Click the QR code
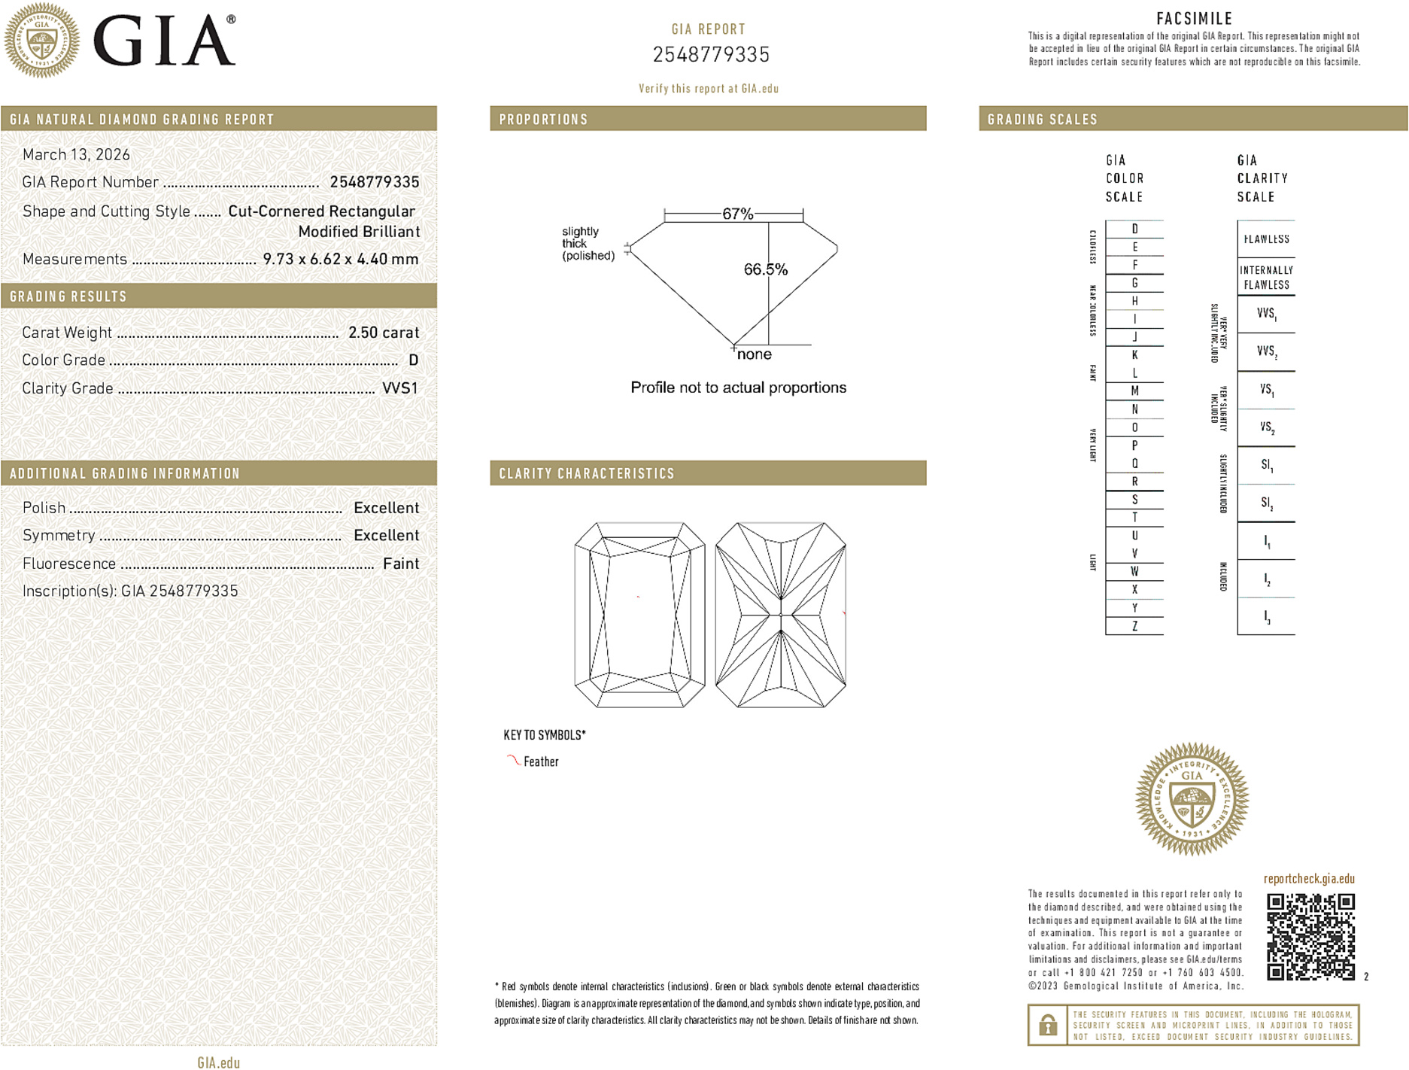coord(1310,936)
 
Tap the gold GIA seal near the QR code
coord(1192,799)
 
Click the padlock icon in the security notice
coord(1047,1025)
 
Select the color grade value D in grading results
coord(413,360)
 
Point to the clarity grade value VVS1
coord(399,388)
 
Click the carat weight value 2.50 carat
coord(383,333)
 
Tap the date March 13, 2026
coord(76,155)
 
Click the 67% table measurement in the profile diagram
coord(737,214)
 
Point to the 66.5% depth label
coord(765,269)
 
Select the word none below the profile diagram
coord(754,354)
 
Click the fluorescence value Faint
coord(400,564)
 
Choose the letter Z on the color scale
coord(1134,626)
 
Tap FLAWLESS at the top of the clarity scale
coord(1266,239)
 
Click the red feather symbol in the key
coord(513,761)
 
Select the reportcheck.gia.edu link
coord(1309,879)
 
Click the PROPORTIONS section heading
coord(543,120)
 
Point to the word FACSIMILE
coord(1194,19)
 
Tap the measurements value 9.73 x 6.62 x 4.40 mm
coord(340,260)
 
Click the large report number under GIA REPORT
coord(711,55)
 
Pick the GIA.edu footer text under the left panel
coord(218,1062)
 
